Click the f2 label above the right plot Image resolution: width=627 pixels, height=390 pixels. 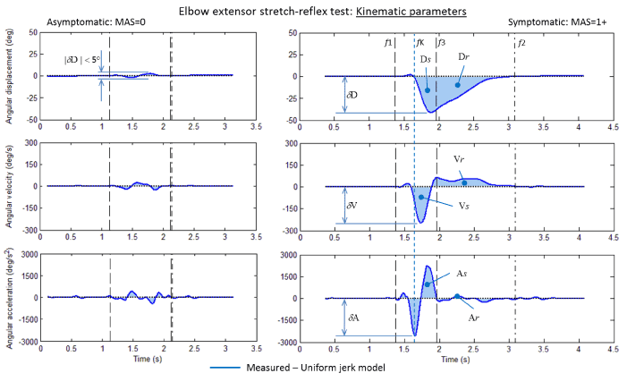[x=521, y=42]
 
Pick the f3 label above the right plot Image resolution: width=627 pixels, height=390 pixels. [x=442, y=42]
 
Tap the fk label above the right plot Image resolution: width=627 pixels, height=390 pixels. [x=419, y=42]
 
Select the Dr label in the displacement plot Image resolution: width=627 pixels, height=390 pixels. [x=465, y=56]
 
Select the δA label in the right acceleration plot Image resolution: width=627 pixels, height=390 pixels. [x=353, y=316]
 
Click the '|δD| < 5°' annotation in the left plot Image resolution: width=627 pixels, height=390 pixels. [x=83, y=60]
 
